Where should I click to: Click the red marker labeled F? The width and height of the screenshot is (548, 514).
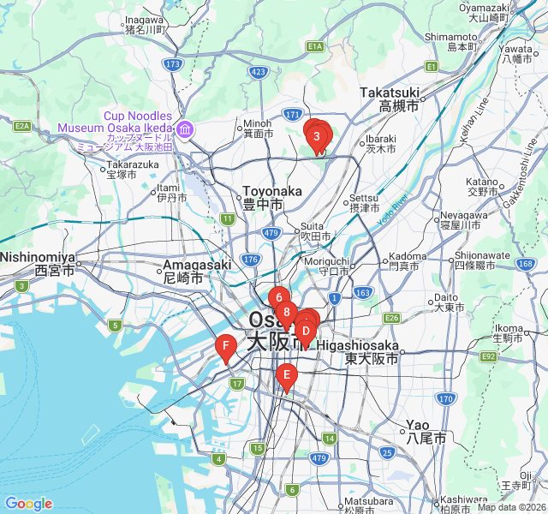pos(225,347)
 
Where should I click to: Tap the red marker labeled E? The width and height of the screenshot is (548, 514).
pos(287,374)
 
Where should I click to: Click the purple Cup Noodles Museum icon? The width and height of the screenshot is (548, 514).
pos(185,128)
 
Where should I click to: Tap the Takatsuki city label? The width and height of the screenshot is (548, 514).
pos(390,99)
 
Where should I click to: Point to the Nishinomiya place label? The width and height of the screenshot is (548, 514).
pos(38,263)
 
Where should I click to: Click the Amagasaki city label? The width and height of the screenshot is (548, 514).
pos(194,272)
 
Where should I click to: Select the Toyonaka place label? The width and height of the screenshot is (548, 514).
pos(272,198)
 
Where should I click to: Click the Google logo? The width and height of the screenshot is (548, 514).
pos(28,504)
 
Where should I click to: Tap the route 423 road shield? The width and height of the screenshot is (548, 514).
pos(259,72)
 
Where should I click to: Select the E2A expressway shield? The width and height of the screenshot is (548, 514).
pos(22,127)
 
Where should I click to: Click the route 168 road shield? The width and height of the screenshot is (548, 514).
pos(525,263)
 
